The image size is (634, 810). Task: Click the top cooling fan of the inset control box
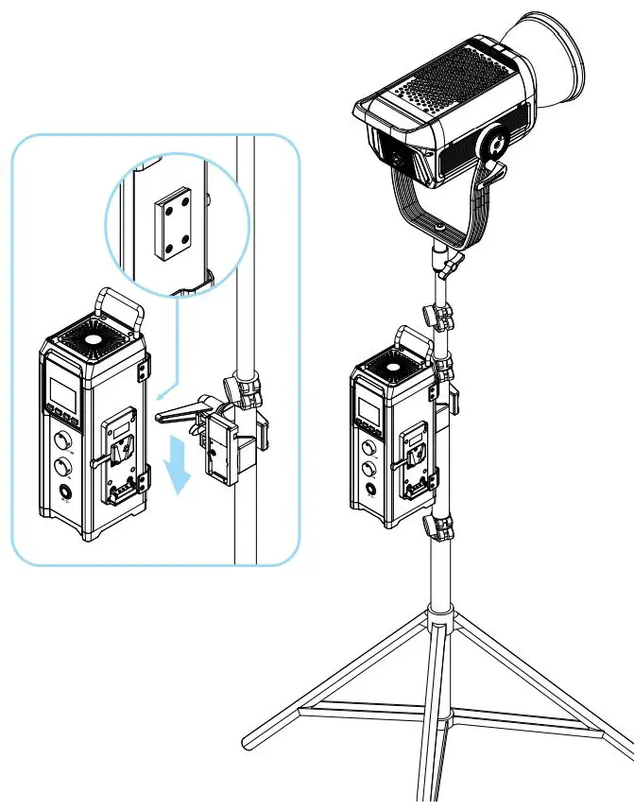94,338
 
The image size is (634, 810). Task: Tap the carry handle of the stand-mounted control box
413,339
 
